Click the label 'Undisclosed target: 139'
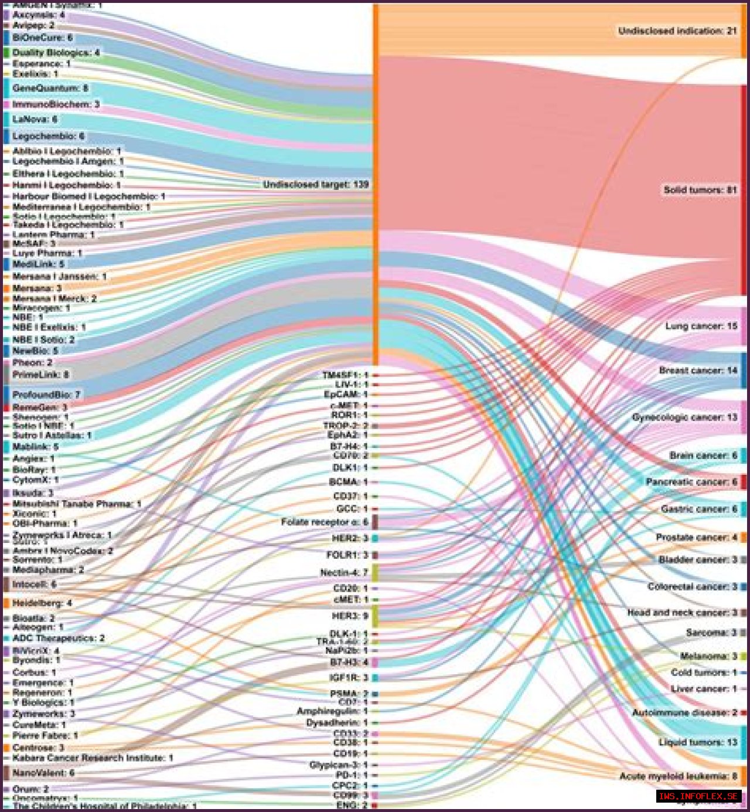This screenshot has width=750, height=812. click(316, 185)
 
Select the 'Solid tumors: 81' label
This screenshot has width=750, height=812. click(700, 190)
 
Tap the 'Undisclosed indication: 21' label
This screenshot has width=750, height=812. click(677, 30)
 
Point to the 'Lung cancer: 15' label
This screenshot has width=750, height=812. click(701, 326)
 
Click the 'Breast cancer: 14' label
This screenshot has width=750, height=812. click(698, 371)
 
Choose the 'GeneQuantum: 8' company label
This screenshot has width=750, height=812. click(50, 88)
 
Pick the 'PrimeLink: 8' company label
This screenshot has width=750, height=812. click(40, 375)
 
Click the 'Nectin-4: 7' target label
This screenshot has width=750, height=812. click(344, 572)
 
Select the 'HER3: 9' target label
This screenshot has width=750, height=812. click(350, 616)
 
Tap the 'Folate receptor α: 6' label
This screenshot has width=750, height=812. click(325, 522)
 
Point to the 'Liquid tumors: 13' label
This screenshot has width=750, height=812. click(698, 742)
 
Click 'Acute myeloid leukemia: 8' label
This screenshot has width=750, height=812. click(678, 776)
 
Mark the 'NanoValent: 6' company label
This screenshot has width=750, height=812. click(43, 773)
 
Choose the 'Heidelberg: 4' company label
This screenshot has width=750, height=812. click(42, 603)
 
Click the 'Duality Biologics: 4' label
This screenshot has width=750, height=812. click(56, 53)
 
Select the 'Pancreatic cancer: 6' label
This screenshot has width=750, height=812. click(691, 482)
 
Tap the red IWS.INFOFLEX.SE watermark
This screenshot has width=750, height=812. click(698, 796)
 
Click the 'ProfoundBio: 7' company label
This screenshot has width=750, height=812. click(46, 395)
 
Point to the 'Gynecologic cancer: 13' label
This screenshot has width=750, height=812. click(684, 417)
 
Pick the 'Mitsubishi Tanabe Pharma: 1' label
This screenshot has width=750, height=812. click(77, 504)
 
